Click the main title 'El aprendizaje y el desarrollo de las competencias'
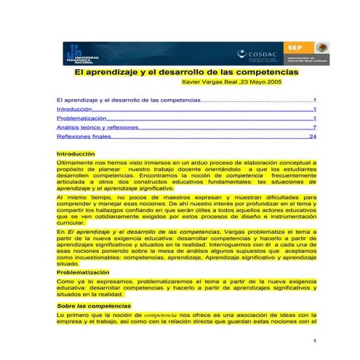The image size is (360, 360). point(188,73)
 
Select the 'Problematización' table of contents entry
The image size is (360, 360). point(81,117)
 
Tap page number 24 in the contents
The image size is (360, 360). point(313,136)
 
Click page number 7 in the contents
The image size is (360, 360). point(314,127)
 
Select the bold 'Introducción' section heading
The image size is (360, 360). point(76,154)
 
